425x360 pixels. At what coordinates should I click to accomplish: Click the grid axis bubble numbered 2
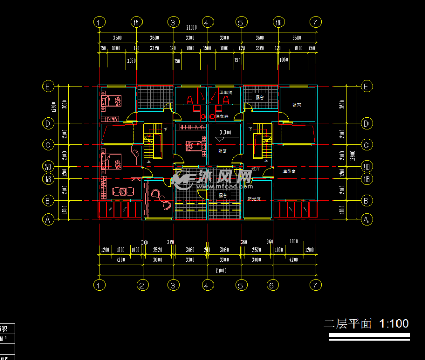tap(143, 285)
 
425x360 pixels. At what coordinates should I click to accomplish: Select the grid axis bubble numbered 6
tap(273, 285)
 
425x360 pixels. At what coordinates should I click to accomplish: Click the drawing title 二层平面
tap(348, 324)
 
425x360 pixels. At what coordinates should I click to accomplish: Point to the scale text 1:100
tap(394, 324)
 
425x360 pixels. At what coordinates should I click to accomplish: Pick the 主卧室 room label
tap(289, 171)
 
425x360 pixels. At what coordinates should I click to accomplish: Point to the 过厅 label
tap(256, 169)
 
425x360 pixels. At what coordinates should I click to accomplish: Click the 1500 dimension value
tap(207, 48)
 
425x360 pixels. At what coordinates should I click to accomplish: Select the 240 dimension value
tap(207, 250)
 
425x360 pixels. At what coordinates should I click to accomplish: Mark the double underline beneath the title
tap(369, 337)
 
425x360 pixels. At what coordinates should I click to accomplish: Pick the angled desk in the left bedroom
tap(136, 153)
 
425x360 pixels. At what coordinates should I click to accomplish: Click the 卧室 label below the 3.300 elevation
tap(222, 151)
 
